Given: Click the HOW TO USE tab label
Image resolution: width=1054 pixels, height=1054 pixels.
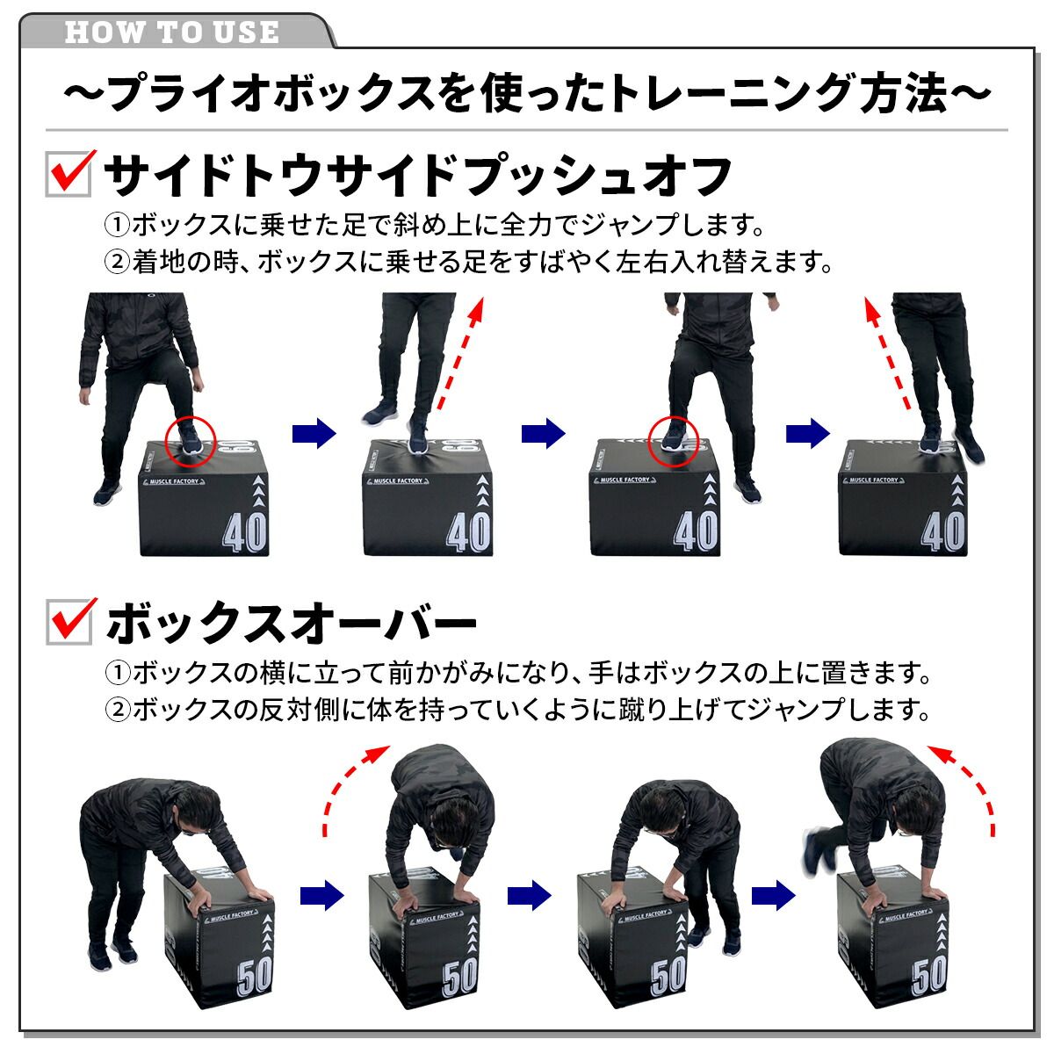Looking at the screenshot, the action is coord(172,32).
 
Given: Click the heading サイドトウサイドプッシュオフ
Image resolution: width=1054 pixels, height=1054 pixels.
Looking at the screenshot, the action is coord(418,175).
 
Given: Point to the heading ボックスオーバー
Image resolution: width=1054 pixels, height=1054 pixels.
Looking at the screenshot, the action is coord(291,623).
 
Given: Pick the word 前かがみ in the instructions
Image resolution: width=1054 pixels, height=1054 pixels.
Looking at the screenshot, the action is coord(442,673).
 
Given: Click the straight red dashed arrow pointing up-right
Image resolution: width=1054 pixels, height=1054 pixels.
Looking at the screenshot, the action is coord(461,353).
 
